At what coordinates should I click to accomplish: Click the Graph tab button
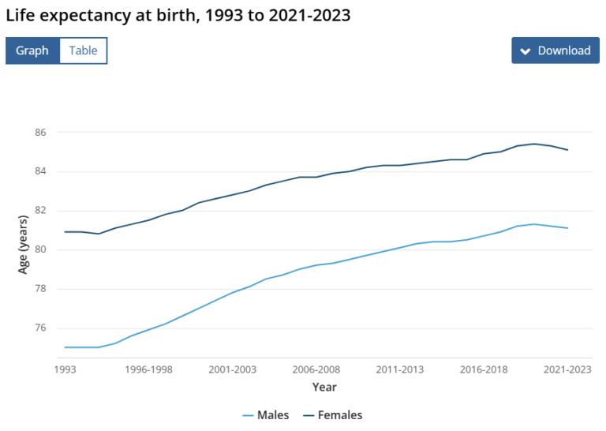click(32, 51)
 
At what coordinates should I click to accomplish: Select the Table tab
click(83, 51)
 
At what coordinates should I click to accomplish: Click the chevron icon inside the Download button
click(526, 51)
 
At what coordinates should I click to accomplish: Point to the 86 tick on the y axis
click(40, 132)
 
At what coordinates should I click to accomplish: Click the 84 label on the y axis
click(40, 171)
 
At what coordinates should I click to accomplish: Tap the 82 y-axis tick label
click(40, 211)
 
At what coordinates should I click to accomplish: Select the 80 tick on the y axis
click(40, 250)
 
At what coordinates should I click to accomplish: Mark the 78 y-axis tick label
click(40, 289)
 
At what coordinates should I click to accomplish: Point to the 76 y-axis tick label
click(40, 328)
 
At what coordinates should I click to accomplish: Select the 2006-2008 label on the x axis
click(316, 369)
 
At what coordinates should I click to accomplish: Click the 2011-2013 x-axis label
click(399, 369)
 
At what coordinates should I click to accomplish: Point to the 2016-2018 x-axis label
click(483, 369)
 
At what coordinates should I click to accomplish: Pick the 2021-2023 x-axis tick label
click(567, 369)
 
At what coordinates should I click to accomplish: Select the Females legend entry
click(331, 415)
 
